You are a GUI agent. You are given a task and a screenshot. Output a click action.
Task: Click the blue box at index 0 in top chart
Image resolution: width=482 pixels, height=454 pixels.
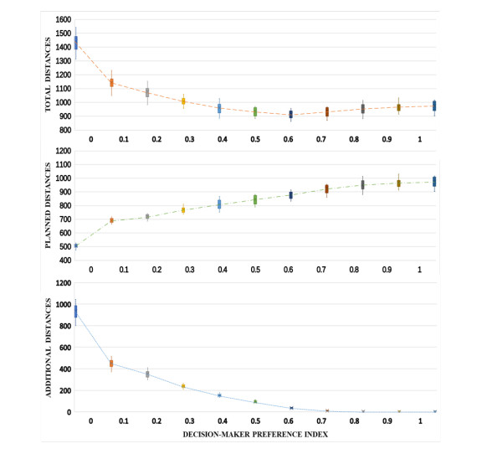pos(76,43)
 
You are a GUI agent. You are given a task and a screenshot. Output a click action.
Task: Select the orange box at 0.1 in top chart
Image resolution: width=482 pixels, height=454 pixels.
pos(111,82)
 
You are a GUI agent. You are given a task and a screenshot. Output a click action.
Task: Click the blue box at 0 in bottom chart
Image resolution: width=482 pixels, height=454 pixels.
pos(76,312)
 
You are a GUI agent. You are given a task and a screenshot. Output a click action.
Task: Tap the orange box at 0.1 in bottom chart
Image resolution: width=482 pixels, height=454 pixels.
pos(111,364)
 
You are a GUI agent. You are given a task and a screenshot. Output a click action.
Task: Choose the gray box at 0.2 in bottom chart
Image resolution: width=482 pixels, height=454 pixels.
pos(147,374)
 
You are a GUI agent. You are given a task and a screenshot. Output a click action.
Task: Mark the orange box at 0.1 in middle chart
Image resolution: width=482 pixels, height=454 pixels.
pos(111,220)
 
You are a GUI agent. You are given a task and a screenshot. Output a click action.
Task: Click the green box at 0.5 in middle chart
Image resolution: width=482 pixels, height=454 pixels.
pos(255,199)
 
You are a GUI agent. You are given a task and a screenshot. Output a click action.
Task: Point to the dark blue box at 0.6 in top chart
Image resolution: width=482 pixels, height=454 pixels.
pos(291,114)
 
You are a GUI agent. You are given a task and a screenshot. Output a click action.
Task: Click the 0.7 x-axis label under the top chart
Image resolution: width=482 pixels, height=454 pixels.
pos(322,138)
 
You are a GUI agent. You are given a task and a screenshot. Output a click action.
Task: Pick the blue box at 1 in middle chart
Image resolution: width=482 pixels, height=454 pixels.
pos(434,181)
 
